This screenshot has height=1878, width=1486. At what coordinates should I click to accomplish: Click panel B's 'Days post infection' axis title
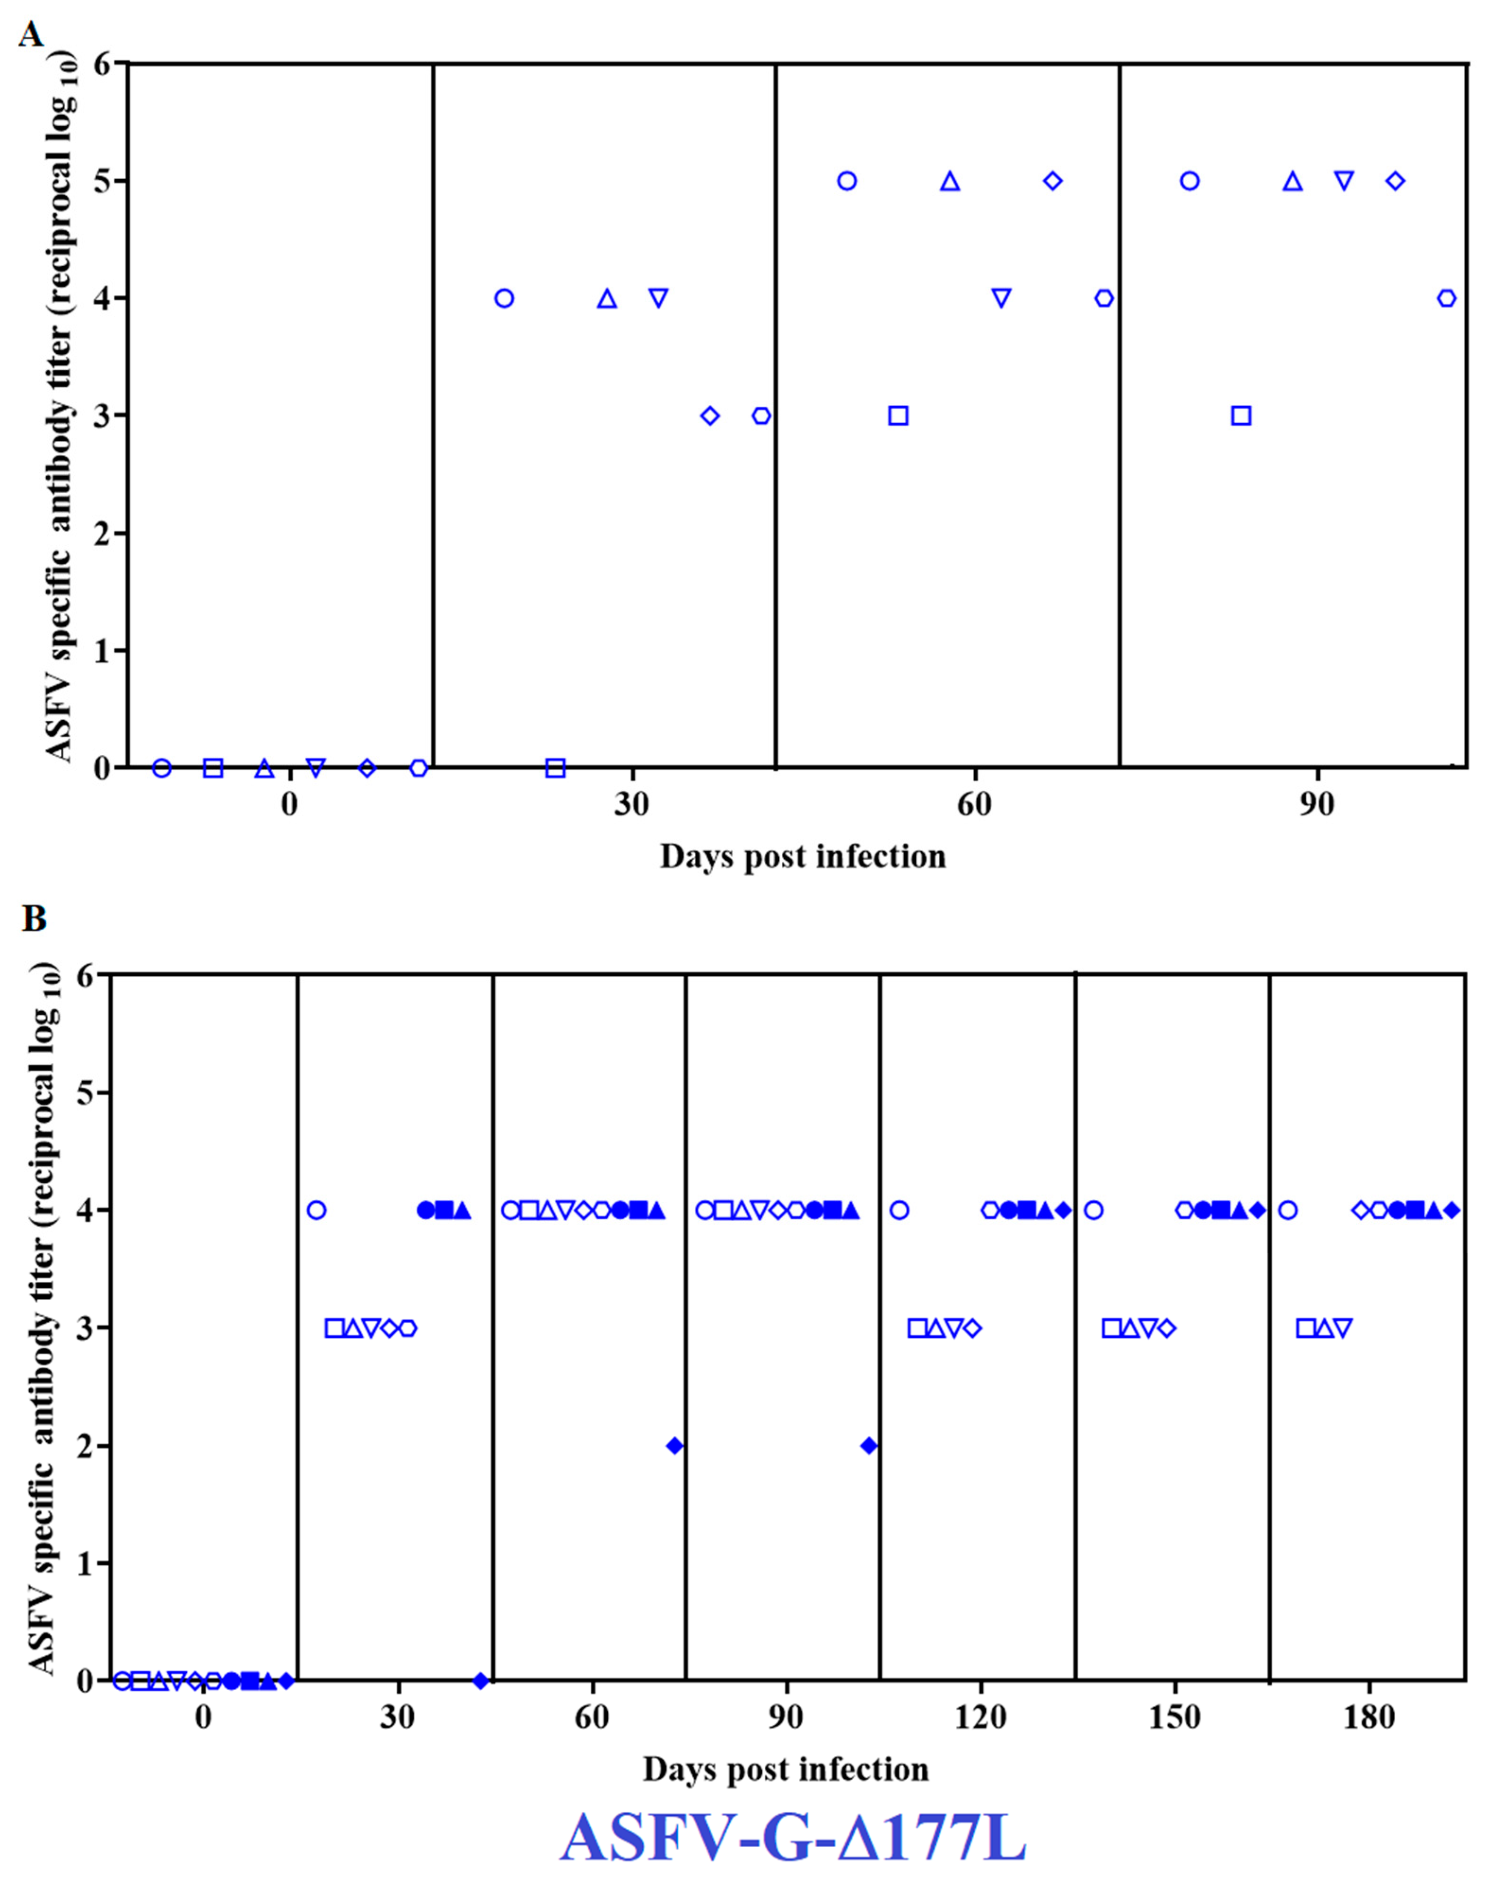click(786, 1769)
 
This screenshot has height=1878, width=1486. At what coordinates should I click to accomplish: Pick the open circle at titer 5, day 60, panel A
click(847, 181)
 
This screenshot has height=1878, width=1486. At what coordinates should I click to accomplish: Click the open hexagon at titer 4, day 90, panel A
click(1446, 298)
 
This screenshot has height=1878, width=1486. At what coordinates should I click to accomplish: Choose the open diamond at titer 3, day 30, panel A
click(710, 416)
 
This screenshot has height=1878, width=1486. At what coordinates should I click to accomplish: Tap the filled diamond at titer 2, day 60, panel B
click(674, 1446)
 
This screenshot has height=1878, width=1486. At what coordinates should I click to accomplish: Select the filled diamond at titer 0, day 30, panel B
click(480, 1680)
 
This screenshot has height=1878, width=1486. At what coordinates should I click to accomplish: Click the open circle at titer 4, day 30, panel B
click(317, 1210)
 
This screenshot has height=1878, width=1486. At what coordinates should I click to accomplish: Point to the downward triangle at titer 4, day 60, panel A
click(1001, 298)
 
